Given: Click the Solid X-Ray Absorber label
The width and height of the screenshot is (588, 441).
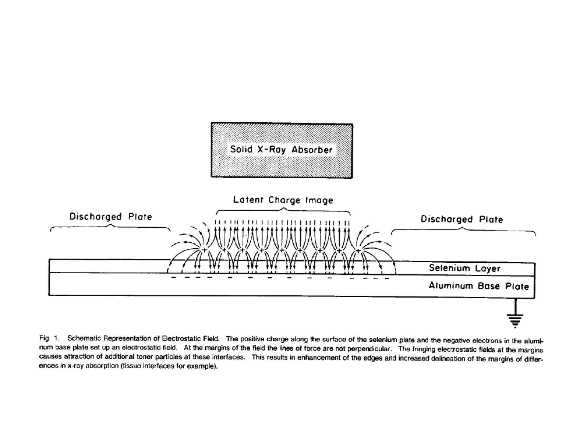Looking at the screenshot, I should [281, 150].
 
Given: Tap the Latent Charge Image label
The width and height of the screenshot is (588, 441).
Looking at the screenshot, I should [283, 200].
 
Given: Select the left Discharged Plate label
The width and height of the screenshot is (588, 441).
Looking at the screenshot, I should [111, 216].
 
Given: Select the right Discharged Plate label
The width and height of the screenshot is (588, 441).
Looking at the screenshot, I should [462, 219].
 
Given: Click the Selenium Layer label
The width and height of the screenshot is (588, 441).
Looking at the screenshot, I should [464, 268].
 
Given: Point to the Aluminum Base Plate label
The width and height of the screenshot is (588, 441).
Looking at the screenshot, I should [479, 286].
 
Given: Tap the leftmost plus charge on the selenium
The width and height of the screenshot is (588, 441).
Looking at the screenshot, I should [204, 250].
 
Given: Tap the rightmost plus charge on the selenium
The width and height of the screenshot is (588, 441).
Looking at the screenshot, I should [358, 251].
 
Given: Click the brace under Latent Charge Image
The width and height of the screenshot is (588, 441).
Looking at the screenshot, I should [283, 211].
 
